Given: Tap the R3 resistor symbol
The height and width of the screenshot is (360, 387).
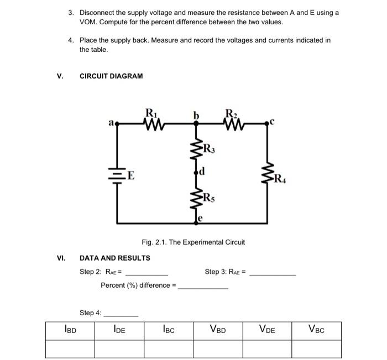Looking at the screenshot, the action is click(x=196, y=149).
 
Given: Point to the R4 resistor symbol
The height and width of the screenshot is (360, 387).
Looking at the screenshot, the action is click(x=267, y=173).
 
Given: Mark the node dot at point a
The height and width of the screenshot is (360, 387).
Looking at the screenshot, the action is click(x=117, y=124).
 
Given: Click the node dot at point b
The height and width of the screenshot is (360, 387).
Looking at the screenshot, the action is click(x=196, y=124).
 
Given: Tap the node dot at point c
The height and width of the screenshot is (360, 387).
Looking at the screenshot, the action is click(x=267, y=123).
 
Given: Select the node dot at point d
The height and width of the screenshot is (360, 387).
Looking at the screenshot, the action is click(x=196, y=172).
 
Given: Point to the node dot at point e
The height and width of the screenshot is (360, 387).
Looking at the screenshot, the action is click(x=196, y=223).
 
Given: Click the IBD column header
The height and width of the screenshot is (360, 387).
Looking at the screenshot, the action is click(x=70, y=329).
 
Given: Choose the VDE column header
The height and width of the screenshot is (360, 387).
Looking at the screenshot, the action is click(x=267, y=329).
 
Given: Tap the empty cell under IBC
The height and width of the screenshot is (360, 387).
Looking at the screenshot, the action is click(x=169, y=349).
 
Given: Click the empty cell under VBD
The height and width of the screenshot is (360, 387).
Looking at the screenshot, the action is click(x=218, y=349).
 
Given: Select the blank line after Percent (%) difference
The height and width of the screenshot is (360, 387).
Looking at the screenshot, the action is click(x=203, y=288).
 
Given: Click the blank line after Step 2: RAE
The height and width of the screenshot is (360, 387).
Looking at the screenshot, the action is click(x=147, y=275).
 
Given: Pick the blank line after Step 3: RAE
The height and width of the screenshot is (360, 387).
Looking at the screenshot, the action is click(x=273, y=275).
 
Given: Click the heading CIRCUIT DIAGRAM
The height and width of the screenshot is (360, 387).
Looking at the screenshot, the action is click(x=111, y=76).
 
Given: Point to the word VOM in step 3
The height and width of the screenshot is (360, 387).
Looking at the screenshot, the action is click(x=88, y=22).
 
